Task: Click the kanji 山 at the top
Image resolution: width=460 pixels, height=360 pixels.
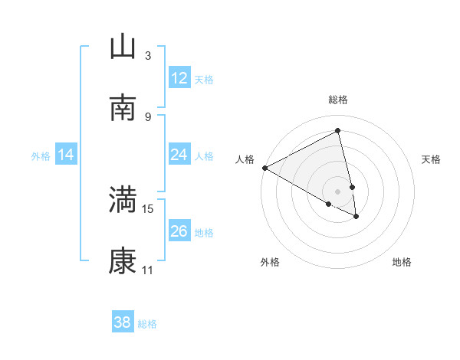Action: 123,47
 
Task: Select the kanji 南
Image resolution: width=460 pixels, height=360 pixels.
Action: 123,108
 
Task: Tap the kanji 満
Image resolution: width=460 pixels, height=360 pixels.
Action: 123,200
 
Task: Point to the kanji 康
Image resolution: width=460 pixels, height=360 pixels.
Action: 123,261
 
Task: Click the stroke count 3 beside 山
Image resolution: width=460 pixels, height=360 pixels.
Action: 148,56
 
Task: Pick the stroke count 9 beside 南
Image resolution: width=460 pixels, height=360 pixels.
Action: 148,116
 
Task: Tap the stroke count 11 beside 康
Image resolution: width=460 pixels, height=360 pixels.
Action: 148,270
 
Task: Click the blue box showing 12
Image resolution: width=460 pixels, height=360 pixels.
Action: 179,78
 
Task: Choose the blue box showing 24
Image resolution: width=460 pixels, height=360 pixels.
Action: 179,155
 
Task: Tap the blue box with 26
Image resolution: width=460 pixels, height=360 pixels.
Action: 179,231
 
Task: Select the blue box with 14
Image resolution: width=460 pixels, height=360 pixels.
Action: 66,155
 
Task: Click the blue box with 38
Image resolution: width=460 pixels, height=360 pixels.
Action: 123,322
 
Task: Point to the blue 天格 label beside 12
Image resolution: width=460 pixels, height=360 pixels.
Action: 204,79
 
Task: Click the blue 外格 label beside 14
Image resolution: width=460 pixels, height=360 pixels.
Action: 41,155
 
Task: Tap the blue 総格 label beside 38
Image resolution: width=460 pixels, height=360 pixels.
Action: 147,323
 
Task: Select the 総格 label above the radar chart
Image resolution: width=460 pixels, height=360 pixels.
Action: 338,100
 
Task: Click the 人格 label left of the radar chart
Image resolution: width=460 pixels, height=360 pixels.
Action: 245,159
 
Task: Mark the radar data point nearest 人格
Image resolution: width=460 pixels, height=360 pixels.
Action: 264,168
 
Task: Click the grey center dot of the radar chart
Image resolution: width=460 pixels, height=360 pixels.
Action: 338,191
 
